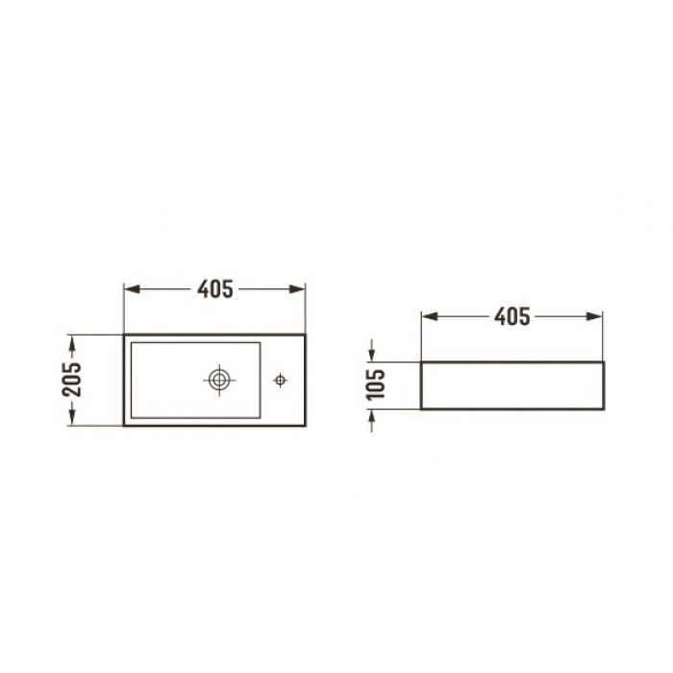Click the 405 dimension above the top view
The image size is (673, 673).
(215, 288)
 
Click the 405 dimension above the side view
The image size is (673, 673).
(512, 316)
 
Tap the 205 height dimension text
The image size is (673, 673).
(72, 380)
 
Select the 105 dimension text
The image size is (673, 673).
(375, 385)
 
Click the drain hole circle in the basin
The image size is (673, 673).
(219, 380)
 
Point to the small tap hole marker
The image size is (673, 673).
(281, 380)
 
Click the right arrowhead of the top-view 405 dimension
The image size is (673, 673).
(297, 288)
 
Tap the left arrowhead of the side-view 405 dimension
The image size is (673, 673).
(430, 316)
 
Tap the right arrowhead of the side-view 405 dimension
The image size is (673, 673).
(594, 316)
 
